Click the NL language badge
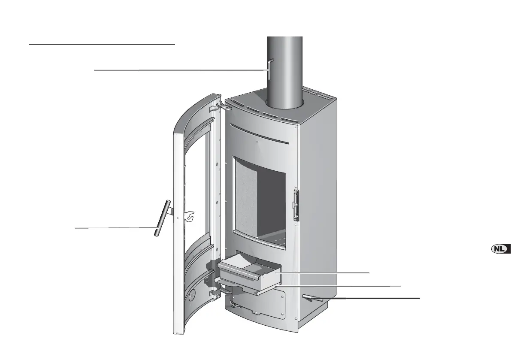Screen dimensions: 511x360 tap(501, 248)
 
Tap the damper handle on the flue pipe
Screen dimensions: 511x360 tap(270, 69)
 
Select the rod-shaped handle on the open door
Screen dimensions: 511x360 tap(162, 218)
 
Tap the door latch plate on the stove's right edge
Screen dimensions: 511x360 tap(296, 206)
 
